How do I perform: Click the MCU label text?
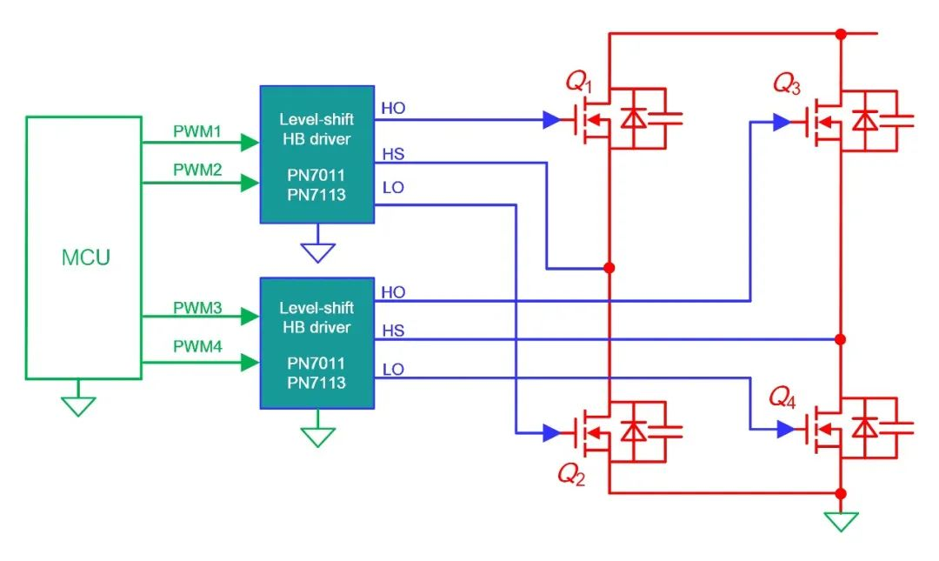85,257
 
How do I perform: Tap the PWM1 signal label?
197,131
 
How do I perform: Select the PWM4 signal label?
197,346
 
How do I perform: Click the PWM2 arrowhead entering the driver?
250,182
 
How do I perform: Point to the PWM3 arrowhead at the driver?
250,316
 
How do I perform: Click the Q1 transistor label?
579,82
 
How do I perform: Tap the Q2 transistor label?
571,474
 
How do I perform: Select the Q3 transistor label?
787,83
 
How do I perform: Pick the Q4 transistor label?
782,397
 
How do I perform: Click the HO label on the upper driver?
394,109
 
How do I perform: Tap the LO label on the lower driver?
394,369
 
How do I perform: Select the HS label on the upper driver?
394,154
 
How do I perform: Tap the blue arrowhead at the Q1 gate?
551,120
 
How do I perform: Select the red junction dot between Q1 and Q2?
609,268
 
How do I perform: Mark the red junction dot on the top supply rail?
841,34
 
